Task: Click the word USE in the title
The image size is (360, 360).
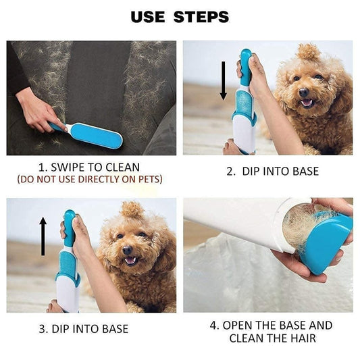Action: coord(147,16)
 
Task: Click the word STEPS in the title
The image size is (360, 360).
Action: coord(201,16)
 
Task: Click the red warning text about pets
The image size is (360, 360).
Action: coord(90,180)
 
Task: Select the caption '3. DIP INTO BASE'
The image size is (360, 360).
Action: coord(83,329)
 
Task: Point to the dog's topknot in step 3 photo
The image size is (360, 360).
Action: coord(132,209)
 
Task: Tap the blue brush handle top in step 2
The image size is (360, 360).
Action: coord(245,58)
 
